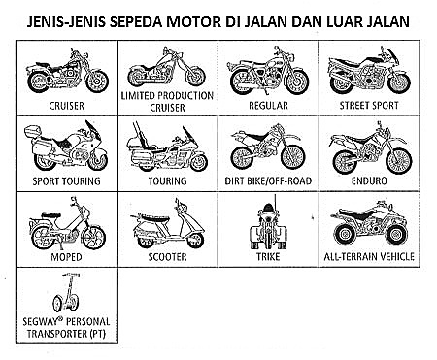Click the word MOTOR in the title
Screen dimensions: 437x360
193,21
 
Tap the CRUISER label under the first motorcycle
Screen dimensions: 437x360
66,106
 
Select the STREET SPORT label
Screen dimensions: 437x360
369,106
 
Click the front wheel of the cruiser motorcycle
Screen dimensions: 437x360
97,81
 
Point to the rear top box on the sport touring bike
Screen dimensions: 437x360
33,131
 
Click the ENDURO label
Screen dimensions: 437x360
369,180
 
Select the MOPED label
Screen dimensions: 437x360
66,257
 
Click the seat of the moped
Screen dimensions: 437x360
50,214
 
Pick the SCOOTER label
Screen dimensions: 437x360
167,257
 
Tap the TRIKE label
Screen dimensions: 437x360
268,257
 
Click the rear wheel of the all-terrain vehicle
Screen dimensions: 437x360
345,234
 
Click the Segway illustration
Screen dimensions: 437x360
67,292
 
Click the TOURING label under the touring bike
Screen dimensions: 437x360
167,180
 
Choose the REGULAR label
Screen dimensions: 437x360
268,106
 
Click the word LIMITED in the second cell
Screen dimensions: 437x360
138,96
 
